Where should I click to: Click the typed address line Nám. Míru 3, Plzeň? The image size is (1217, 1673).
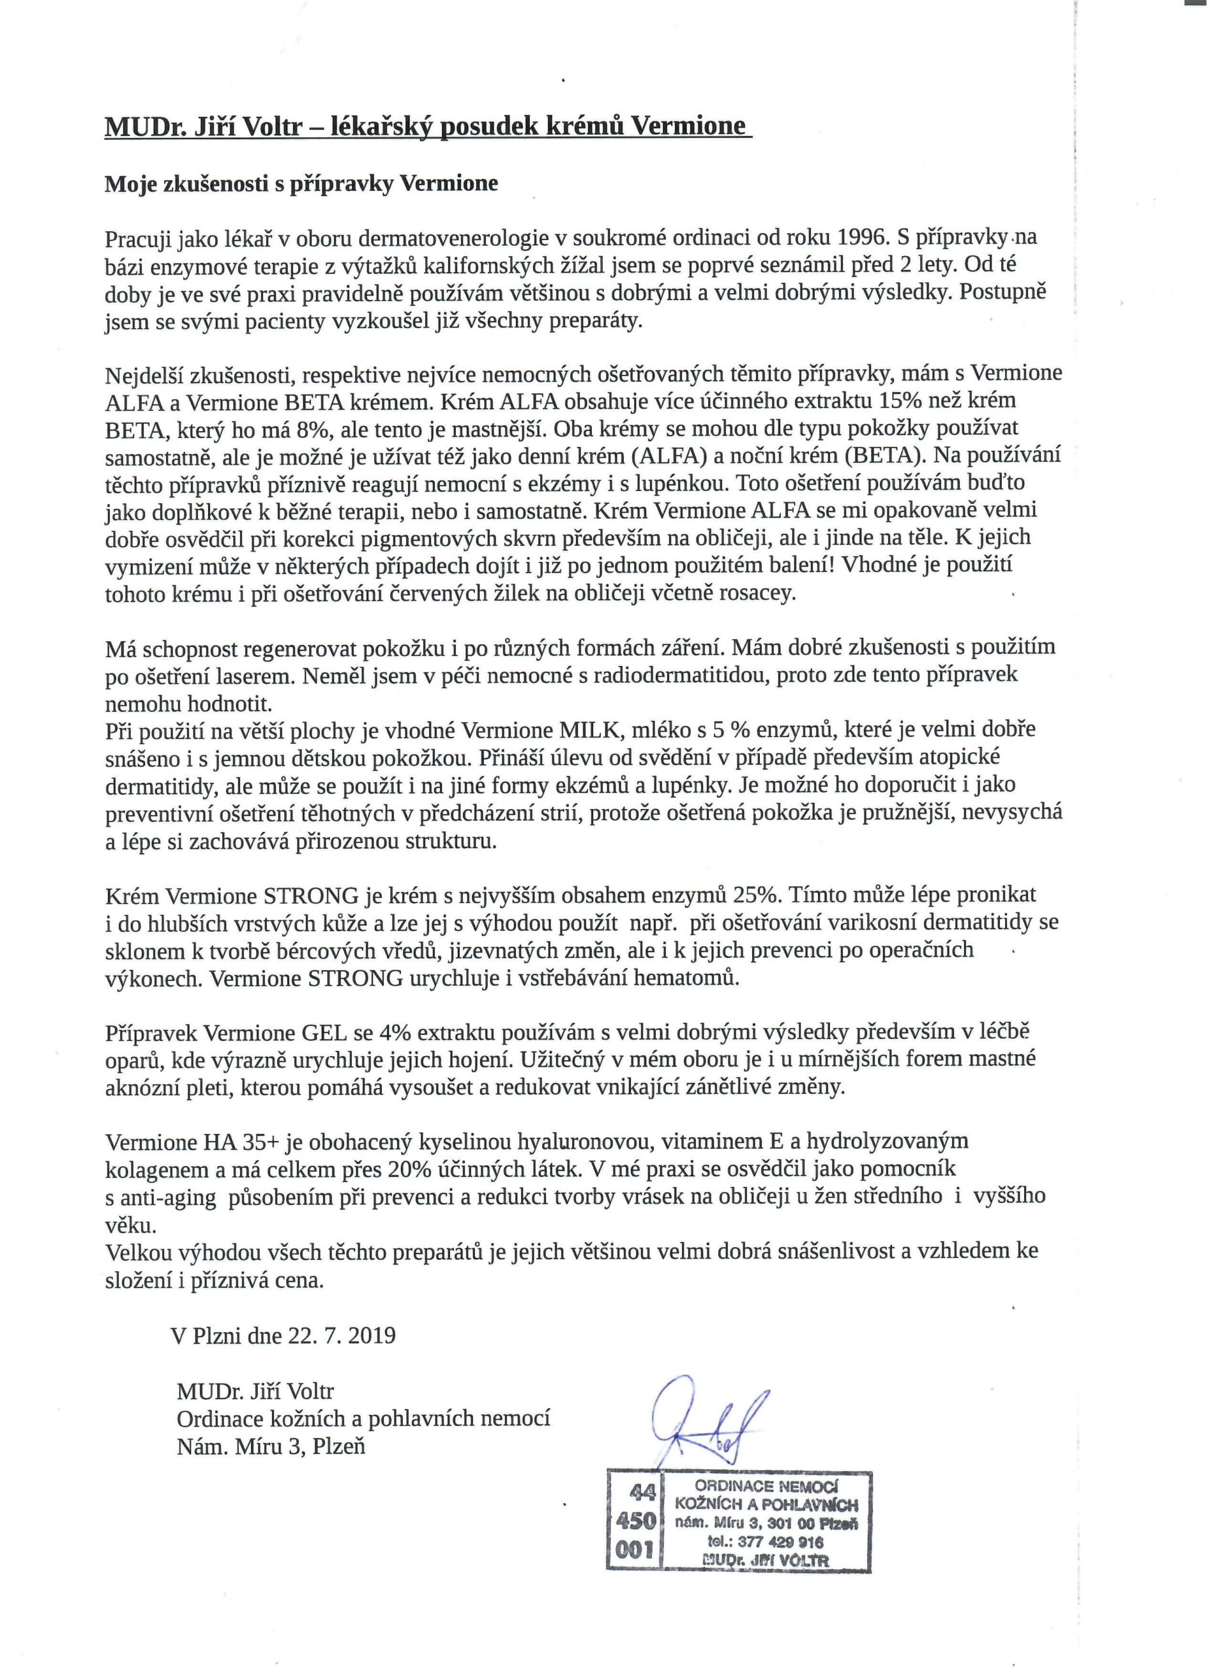click(x=271, y=1446)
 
